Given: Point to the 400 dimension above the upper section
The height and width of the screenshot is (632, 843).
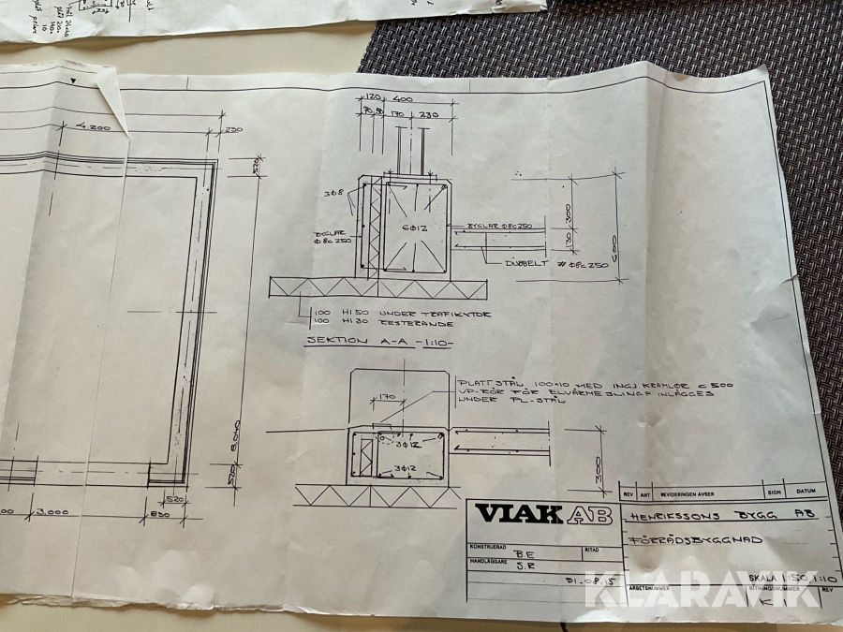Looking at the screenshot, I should pos(404,98).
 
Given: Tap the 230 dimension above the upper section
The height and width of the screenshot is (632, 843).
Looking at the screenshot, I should pos(428,115).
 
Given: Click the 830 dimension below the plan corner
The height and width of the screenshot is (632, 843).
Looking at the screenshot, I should pos(159,514).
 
